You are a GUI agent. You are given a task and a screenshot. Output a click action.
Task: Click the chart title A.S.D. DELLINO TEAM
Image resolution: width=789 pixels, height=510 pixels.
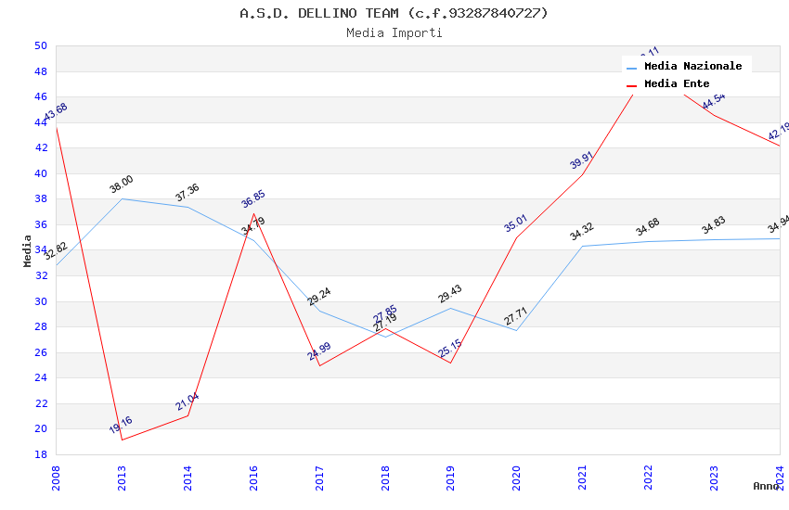pyautogui.click(x=394, y=13)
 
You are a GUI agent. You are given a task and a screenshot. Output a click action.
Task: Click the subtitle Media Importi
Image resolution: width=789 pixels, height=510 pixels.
pyautogui.click(x=394, y=32)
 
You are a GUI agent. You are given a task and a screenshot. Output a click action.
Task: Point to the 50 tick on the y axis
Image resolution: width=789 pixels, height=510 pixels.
pyautogui.click(x=40, y=45)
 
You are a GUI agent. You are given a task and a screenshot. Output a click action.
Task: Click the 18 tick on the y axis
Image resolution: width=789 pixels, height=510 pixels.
pyautogui.click(x=40, y=454)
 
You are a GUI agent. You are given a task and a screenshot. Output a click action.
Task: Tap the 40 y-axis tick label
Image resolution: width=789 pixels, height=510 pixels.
pyautogui.click(x=40, y=173)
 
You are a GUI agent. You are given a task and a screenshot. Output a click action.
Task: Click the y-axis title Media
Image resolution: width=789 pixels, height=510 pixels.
pyautogui.click(x=27, y=250)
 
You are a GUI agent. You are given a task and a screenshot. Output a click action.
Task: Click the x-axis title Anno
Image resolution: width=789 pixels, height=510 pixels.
pyautogui.click(x=766, y=486)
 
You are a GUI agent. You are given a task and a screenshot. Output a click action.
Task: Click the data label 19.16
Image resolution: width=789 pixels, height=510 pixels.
pyautogui.click(x=121, y=426)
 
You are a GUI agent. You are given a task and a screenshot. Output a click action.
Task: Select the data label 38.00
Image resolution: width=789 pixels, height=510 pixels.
pyautogui.click(x=122, y=185)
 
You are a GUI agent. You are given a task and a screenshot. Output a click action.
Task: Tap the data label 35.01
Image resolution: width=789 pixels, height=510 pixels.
pyautogui.click(x=516, y=223)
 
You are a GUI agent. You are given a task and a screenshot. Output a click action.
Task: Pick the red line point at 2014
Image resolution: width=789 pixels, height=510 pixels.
pyautogui.click(x=188, y=415)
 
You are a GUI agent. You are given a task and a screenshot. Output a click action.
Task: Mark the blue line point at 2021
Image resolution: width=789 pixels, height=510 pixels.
pyautogui.click(x=582, y=246)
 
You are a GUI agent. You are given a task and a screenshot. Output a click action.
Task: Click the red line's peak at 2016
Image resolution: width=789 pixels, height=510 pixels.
pyautogui.click(x=253, y=213)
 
